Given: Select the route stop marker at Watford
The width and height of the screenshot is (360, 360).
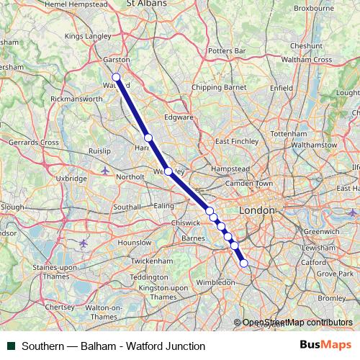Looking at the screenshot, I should point(116,77).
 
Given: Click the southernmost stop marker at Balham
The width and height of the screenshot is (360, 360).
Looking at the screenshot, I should point(243,264).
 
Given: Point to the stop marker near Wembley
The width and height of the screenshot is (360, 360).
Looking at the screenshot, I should point(168,171).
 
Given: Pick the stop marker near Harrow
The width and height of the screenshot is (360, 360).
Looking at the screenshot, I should point(148,138).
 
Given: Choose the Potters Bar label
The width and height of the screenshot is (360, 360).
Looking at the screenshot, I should point(226,51).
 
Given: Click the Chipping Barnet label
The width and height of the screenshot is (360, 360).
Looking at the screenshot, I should point(219,87).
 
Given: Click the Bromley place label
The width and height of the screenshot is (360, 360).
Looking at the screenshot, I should point(331,297).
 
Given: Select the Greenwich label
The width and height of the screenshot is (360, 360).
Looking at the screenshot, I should point(320,232).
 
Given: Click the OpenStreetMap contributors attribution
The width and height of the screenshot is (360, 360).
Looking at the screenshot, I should point(292,323).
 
